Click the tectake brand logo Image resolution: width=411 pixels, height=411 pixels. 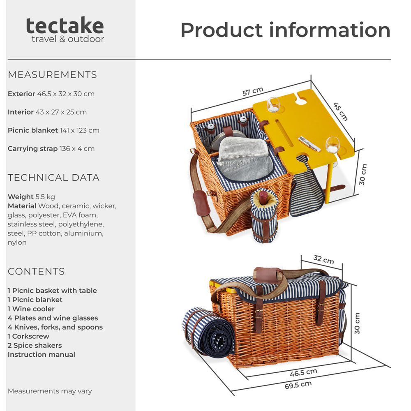[x=65, y=29]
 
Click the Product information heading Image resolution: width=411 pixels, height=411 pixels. [x=286, y=30]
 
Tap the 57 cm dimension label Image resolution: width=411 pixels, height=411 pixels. [x=253, y=91]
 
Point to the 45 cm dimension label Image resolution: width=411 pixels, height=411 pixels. [x=340, y=112]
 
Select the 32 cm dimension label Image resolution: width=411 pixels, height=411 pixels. [x=324, y=259]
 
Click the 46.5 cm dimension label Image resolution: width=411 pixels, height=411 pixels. [x=304, y=372]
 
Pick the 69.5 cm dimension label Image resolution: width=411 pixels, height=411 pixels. [x=298, y=385]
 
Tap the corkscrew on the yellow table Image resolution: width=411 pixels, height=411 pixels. [x=309, y=143]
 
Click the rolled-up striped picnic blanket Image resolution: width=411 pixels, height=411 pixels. [x=208, y=332]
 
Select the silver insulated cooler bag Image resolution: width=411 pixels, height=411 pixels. [x=244, y=159]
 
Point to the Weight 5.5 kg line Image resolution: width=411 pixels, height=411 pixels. [x=31, y=196]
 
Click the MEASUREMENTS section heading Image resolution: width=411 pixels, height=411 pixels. [x=53, y=75]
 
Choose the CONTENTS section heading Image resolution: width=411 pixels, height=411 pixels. [x=36, y=271]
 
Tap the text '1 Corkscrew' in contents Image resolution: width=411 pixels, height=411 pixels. [x=28, y=336]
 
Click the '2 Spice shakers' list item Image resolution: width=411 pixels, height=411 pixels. [x=35, y=345]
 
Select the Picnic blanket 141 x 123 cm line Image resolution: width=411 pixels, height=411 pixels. [x=53, y=130]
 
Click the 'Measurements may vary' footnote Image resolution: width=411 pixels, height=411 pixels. [x=50, y=391]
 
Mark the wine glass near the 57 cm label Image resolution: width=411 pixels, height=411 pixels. [x=273, y=104]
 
